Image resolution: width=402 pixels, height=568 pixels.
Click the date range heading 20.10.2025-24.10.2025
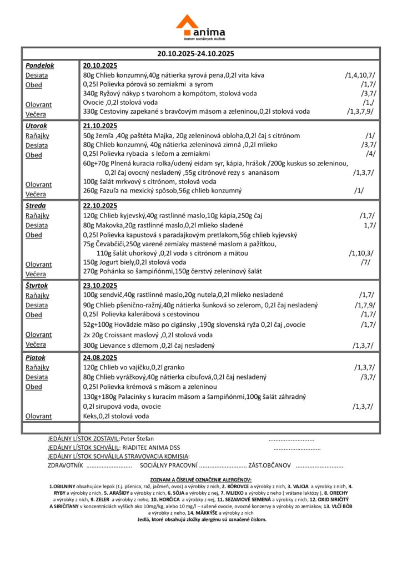[195, 54]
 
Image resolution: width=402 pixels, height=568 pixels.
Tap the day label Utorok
[37, 126]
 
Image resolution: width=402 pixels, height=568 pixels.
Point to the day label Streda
[36, 206]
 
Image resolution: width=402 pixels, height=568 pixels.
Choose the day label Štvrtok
[38, 286]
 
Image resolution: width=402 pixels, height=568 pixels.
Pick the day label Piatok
[36, 358]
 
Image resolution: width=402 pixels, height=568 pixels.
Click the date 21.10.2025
[100, 126]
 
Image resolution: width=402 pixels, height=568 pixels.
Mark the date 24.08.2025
[100, 358]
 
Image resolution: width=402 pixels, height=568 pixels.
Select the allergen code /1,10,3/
[361, 253]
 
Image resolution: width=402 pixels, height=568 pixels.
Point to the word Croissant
[127, 335]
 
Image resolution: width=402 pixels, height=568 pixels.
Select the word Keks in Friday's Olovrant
[90, 415]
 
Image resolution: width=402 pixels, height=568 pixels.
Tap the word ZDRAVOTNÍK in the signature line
[66, 465]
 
